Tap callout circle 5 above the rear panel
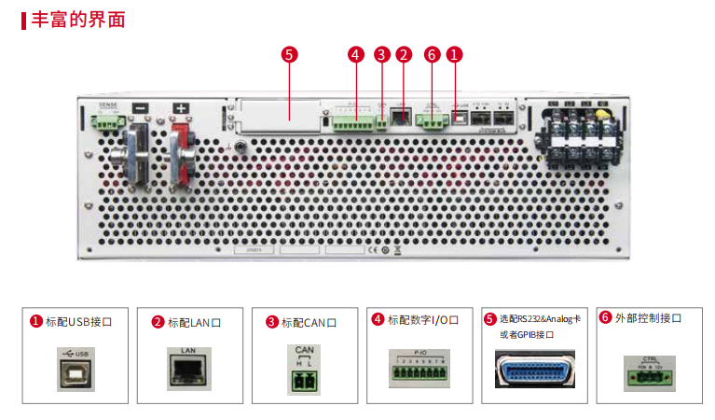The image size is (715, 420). click(289, 54)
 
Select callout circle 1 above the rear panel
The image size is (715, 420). click(454, 54)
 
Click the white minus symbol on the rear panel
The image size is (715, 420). click(141, 108)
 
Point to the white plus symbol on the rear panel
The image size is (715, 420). click(181, 108)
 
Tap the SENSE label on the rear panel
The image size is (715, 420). click(109, 105)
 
